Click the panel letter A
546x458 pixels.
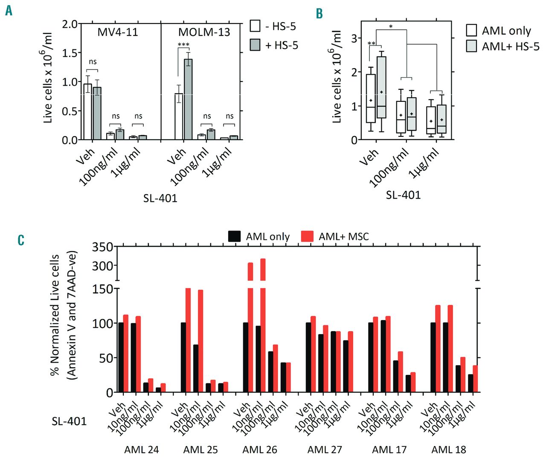(x=9, y=10)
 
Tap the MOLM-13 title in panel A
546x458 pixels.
(x=204, y=32)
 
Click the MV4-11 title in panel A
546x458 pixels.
(x=118, y=32)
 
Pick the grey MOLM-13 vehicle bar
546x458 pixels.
(x=188, y=100)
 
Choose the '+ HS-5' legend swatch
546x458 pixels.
(x=255, y=45)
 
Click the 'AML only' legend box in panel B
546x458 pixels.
(x=471, y=30)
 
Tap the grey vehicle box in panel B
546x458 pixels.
(x=381, y=87)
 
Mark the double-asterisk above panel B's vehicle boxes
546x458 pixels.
(x=372, y=44)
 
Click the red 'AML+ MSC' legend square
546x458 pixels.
(x=307, y=236)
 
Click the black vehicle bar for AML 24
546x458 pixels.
(x=121, y=357)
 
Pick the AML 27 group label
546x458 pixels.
(x=325, y=449)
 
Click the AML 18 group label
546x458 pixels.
(x=449, y=449)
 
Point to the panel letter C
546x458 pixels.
(x=21, y=240)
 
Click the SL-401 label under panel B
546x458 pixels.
(x=403, y=195)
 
